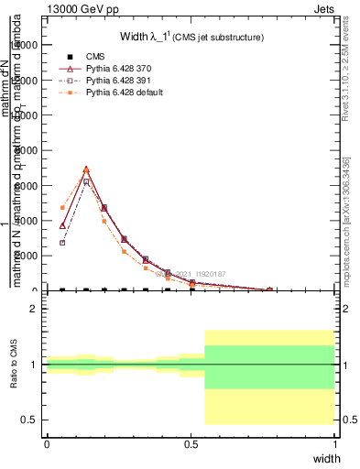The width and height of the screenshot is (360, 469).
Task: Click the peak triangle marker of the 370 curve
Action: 86,169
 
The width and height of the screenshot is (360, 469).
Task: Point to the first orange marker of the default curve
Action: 62,208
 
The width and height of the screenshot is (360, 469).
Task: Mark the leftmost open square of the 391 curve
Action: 62,243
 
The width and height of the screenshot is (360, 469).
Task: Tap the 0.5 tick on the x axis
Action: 191,443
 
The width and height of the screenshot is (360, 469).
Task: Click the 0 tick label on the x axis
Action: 47,443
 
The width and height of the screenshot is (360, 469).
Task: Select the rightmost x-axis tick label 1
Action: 334,443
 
